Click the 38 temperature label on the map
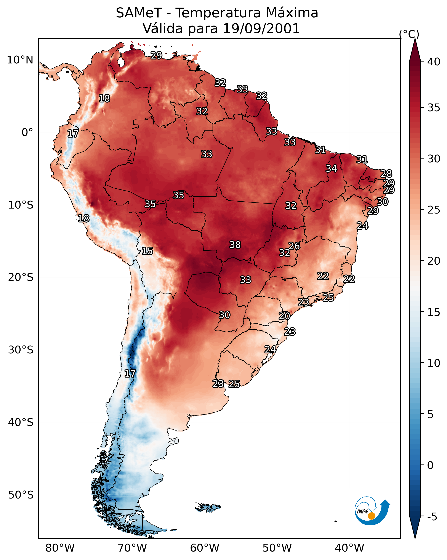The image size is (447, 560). click(235, 245)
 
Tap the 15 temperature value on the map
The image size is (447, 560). click(147, 251)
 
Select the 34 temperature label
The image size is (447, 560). click(331, 168)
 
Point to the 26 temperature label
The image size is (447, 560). click(294, 246)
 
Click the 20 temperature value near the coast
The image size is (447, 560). click(284, 316)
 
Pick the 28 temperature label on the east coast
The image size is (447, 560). click(386, 173)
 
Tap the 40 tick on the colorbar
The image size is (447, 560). click(434, 62)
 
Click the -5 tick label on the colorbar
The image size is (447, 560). click(432, 517)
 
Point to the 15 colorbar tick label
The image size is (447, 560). click(434, 312)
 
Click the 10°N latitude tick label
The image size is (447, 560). click(20, 60)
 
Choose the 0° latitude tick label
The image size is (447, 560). click(27, 133)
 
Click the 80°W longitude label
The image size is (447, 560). click(60, 548)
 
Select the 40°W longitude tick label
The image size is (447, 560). click(349, 548)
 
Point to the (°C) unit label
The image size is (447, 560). click(409, 34)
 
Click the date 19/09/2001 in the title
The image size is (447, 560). click(261, 29)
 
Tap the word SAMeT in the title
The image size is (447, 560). click(139, 13)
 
